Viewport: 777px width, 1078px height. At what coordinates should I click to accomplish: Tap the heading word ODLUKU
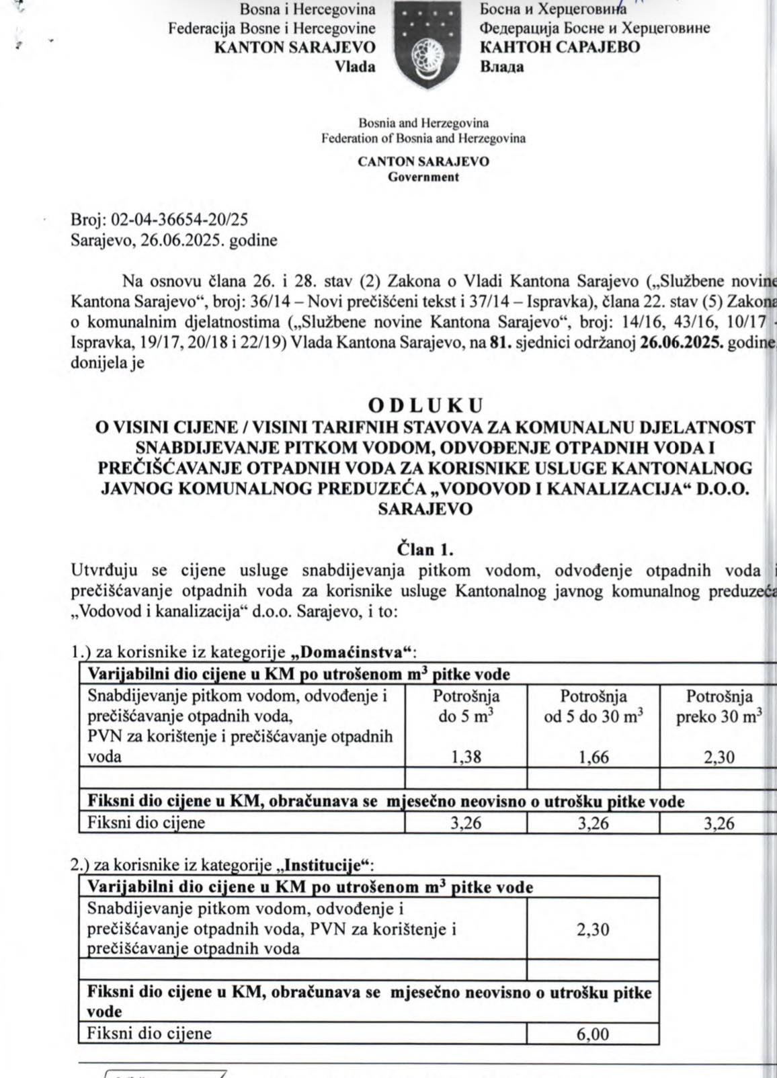click(x=425, y=406)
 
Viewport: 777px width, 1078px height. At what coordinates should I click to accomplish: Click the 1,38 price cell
click(x=466, y=757)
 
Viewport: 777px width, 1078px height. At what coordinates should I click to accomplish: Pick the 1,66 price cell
click(x=594, y=757)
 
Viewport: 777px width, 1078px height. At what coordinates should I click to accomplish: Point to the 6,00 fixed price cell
click(x=593, y=1034)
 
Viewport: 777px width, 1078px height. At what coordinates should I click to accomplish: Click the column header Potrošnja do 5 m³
click(x=466, y=706)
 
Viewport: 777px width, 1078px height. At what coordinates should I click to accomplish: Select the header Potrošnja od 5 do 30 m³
click(x=594, y=706)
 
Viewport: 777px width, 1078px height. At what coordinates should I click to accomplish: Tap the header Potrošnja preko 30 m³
click(x=719, y=706)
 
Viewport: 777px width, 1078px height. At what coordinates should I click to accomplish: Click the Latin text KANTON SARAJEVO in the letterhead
click(x=294, y=47)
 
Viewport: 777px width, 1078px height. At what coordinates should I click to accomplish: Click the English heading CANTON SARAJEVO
click(x=423, y=161)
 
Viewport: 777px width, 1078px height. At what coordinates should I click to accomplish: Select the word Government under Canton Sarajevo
click(x=423, y=177)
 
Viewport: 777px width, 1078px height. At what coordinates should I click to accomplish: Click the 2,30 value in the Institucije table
click(x=593, y=929)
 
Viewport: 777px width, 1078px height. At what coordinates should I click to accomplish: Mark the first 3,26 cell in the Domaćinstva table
click(x=466, y=823)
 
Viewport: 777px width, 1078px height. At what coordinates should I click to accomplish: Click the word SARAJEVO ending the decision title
click(x=425, y=509)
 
